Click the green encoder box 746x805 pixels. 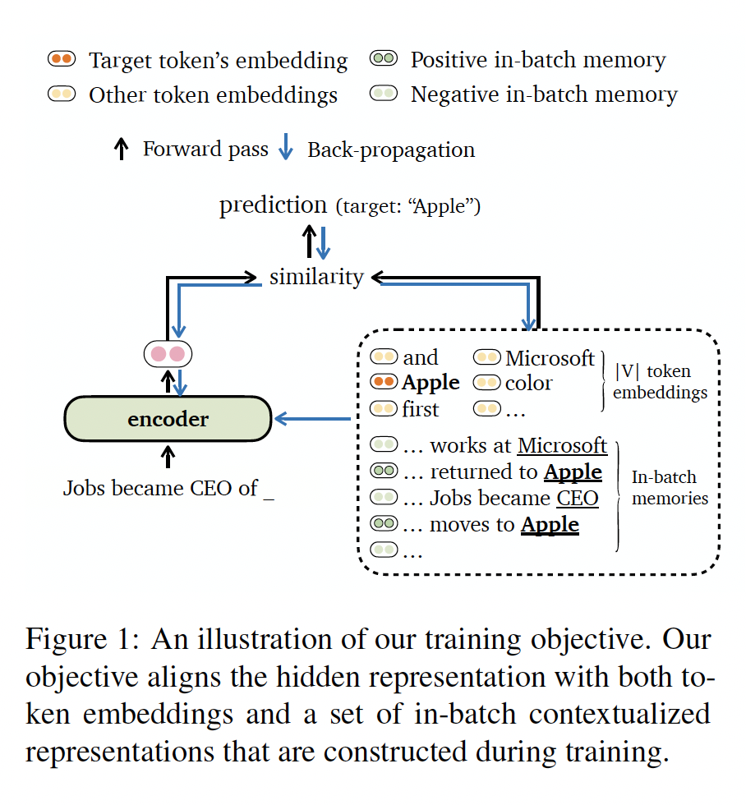168,420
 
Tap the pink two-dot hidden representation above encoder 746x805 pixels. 168,355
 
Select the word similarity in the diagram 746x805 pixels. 316,277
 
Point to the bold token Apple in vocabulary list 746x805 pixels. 431,383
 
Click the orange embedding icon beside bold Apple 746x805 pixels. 384,383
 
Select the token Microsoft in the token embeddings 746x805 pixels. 550,358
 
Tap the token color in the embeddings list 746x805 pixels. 529,383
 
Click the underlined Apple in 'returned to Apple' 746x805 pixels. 573,472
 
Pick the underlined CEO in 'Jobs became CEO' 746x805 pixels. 578,499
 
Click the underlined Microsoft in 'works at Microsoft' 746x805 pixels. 562,446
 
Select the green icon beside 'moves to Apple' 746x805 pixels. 384,524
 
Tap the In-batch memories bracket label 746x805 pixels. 664,488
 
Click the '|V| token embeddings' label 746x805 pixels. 659,382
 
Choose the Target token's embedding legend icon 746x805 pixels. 62,59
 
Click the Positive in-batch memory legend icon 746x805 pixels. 385,59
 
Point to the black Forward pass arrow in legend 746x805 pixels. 121,149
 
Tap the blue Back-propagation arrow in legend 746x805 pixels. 285,149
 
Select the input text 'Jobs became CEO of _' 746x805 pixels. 168,489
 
